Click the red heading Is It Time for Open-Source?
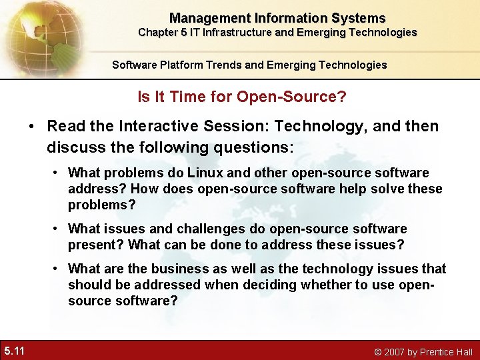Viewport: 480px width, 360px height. pyautogui.click(x=241, y=97)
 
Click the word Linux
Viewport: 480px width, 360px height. pyautogui.click(x=205, y=173)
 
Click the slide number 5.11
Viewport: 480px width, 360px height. pyautogui.click(x=14, y=350)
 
